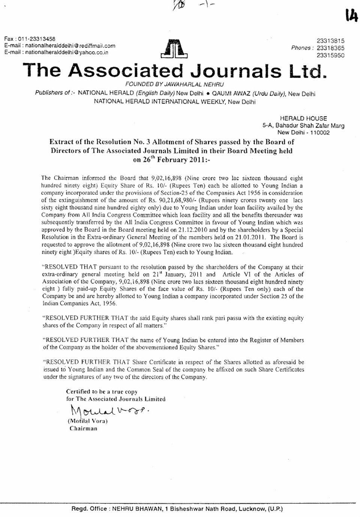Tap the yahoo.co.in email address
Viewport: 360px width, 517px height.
click(66, 52)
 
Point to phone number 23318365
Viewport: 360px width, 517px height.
click(330, 48)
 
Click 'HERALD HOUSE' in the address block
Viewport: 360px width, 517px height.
click(303, 118)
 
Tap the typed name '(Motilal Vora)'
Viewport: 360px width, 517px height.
click(87, 421)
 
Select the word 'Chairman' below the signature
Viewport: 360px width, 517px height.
click(83, 429)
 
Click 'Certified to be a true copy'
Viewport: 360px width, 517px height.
click(102, 391)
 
